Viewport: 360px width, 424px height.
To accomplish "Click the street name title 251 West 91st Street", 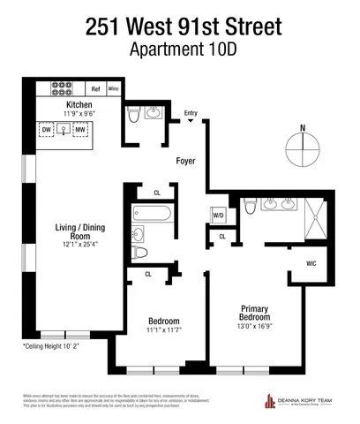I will [x=179, y=27].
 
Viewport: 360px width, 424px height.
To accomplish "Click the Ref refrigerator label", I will [x=96, y=88].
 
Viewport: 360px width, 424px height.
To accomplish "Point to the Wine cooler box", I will [x=113, y=88].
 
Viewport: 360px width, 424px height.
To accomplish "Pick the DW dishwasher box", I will [x=47, y=130].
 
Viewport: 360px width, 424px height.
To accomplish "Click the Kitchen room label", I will [x=79, y=105].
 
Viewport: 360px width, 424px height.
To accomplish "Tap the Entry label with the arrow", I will [x=191, y=114].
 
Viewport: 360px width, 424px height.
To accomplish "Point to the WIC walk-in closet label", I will [x=312, y=263].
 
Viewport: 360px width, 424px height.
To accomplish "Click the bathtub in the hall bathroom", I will [x=149, y=213].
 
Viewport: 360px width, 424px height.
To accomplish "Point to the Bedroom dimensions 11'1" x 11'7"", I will [x=163, y=330].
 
